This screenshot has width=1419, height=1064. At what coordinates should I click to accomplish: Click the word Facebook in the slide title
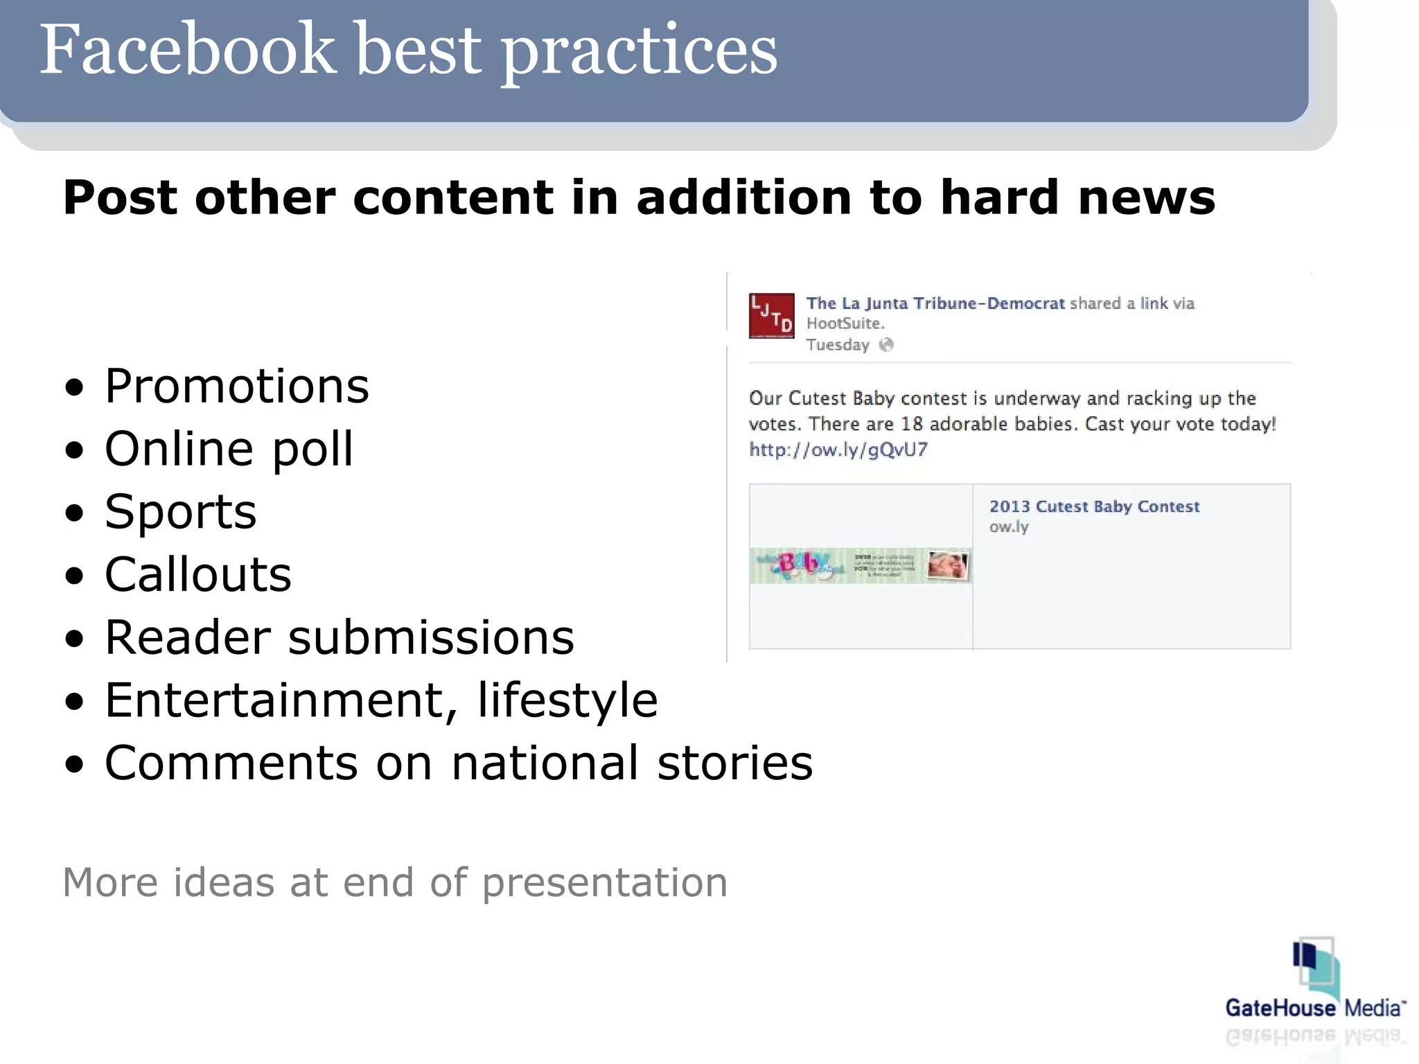(x=187, y=50)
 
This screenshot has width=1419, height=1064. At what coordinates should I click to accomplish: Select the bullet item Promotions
(x=237, y=386)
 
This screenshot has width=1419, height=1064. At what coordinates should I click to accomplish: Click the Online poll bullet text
(x=229, y=449)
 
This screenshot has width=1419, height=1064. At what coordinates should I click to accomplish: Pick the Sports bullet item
(x=181, y=512)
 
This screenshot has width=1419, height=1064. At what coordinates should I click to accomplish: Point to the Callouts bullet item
(x=198, y=575)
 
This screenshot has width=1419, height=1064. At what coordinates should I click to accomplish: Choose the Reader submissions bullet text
(x=340, y=637)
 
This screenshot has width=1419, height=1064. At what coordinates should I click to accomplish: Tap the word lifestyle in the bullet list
(x=567, y=700)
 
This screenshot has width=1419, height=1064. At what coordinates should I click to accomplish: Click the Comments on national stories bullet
(x=459, y=763)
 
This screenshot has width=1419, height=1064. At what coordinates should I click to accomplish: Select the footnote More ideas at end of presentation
(x=395, y=883)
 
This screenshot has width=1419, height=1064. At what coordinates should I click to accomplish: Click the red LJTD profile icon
(x=771, y=316)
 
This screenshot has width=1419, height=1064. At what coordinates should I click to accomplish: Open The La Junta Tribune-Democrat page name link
(x=935, y=303)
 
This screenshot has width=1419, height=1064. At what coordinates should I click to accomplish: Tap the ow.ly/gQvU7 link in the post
(x=838, y=450)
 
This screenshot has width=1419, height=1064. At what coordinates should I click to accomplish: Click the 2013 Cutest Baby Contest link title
(x=1094, y=506)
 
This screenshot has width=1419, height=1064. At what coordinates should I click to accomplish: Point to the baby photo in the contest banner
(x=948, y=565)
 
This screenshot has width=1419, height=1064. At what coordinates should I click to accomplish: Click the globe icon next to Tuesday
(x=886, y=345)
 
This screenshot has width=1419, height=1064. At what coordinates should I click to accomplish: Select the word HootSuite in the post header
(x=845, y=323)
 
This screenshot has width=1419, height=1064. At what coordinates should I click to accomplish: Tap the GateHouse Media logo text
(x=1314, y=1008)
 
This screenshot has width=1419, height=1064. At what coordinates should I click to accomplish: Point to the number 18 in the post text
(x=911, y=424)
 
